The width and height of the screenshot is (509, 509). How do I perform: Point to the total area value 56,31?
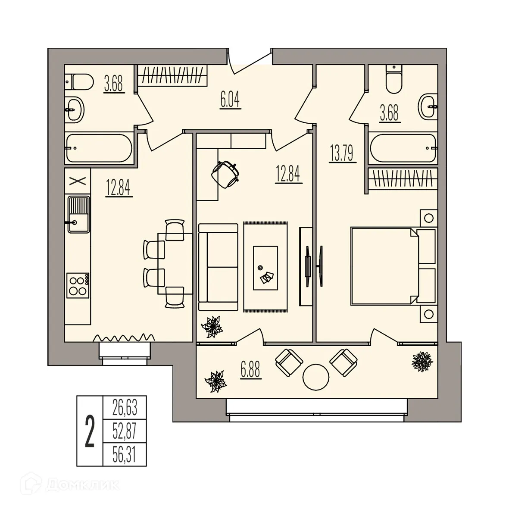pos(125,454)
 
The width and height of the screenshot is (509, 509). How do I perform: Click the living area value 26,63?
pos(125,407)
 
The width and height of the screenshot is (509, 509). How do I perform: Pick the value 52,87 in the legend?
pos(125,431)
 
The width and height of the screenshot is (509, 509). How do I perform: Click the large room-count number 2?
pos(90,431)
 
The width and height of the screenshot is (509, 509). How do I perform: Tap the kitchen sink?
pos(78,214)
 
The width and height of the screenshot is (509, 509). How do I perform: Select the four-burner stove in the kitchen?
pos(78,285)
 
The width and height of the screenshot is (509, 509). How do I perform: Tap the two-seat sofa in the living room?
pos(218,267)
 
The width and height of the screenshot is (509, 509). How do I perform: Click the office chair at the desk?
pos(226,174)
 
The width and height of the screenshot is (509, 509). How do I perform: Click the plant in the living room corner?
pos(212,326)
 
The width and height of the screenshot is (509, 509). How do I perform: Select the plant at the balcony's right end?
pos(422,361)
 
